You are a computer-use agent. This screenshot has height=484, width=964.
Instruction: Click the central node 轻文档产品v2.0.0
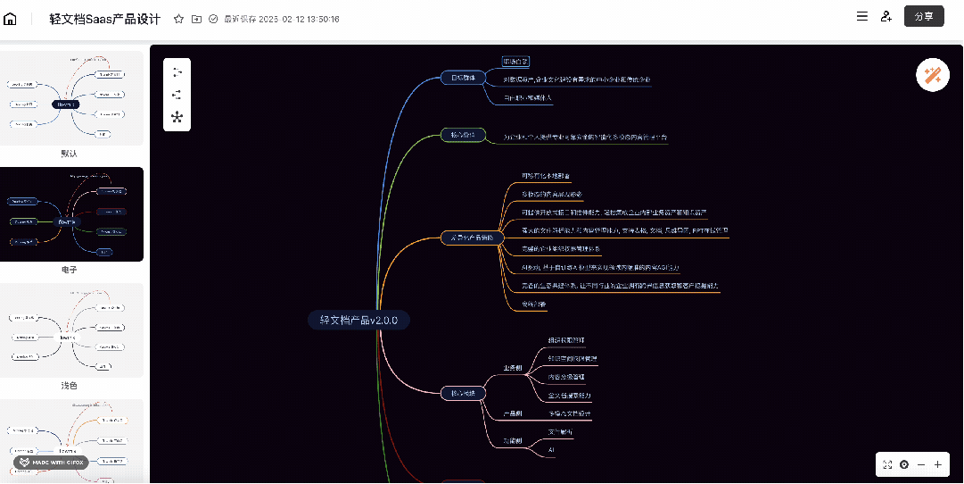tap(358, 320)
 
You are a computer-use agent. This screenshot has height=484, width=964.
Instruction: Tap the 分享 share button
tap(924, 16)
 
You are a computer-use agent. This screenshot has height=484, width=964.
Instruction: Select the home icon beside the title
tap(11, 19)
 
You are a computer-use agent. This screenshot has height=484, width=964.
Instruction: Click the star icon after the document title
tap(179, 19)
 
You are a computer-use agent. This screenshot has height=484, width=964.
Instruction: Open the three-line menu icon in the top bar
tap(861, 16)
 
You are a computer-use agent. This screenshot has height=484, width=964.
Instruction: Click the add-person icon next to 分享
tap(886, 16)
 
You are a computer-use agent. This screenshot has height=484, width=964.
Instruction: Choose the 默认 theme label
tap(69, 154)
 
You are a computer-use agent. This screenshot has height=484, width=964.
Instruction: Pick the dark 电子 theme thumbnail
tap(71, 214)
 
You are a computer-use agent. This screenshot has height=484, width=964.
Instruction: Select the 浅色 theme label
tap(69, 386)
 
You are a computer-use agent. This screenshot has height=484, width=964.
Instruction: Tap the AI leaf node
tap(552, 450)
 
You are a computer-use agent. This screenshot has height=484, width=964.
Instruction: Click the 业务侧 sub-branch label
tap(513, 366)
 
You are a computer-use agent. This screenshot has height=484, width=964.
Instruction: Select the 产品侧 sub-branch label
tap(512, 414)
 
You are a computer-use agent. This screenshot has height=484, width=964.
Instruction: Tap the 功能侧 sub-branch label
tap(512, 440)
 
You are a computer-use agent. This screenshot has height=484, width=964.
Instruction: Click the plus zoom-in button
tap(937, 464)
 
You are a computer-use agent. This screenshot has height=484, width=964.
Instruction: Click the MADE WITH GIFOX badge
tap(51, 463)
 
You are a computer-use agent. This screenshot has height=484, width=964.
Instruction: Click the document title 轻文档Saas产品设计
tap(105, 19)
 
